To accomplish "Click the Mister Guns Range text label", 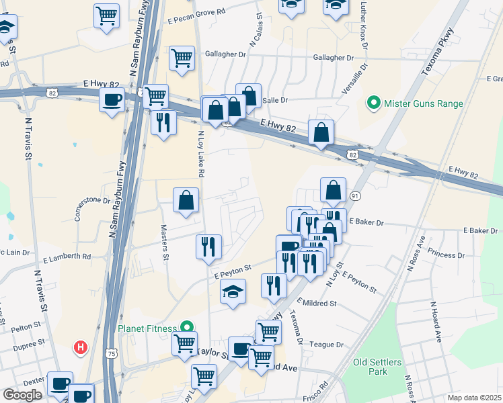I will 424,103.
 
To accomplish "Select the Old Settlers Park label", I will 377,367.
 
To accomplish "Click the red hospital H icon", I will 80,347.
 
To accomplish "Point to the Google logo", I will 22,395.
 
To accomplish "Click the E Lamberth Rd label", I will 67,257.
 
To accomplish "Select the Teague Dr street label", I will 327,345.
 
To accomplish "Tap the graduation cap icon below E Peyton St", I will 233,292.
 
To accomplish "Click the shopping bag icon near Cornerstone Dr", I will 186,200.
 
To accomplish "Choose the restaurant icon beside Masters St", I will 209,247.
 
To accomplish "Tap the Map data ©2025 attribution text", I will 475,398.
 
